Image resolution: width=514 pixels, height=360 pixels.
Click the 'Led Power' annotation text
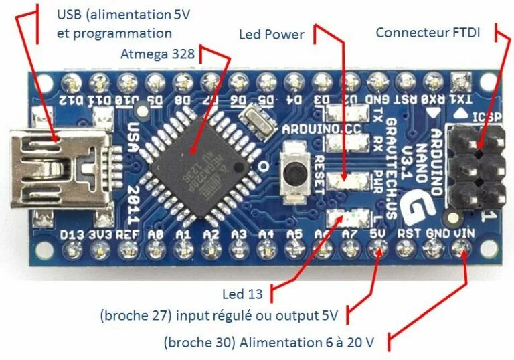click(271, 34)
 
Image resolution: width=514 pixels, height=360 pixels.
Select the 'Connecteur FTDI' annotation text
click(428, 32)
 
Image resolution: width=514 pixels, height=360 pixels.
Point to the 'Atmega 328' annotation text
click(158, 53)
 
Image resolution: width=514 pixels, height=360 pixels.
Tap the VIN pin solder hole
click(460, 250)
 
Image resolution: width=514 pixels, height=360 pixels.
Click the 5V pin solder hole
click(377, 250)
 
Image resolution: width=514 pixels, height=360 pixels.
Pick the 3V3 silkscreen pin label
click(100, 234)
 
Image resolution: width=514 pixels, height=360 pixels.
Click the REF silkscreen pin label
click(127, 234)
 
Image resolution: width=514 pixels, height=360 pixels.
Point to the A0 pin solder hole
click(155, 250)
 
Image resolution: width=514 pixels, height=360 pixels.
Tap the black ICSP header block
click(479, 167)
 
